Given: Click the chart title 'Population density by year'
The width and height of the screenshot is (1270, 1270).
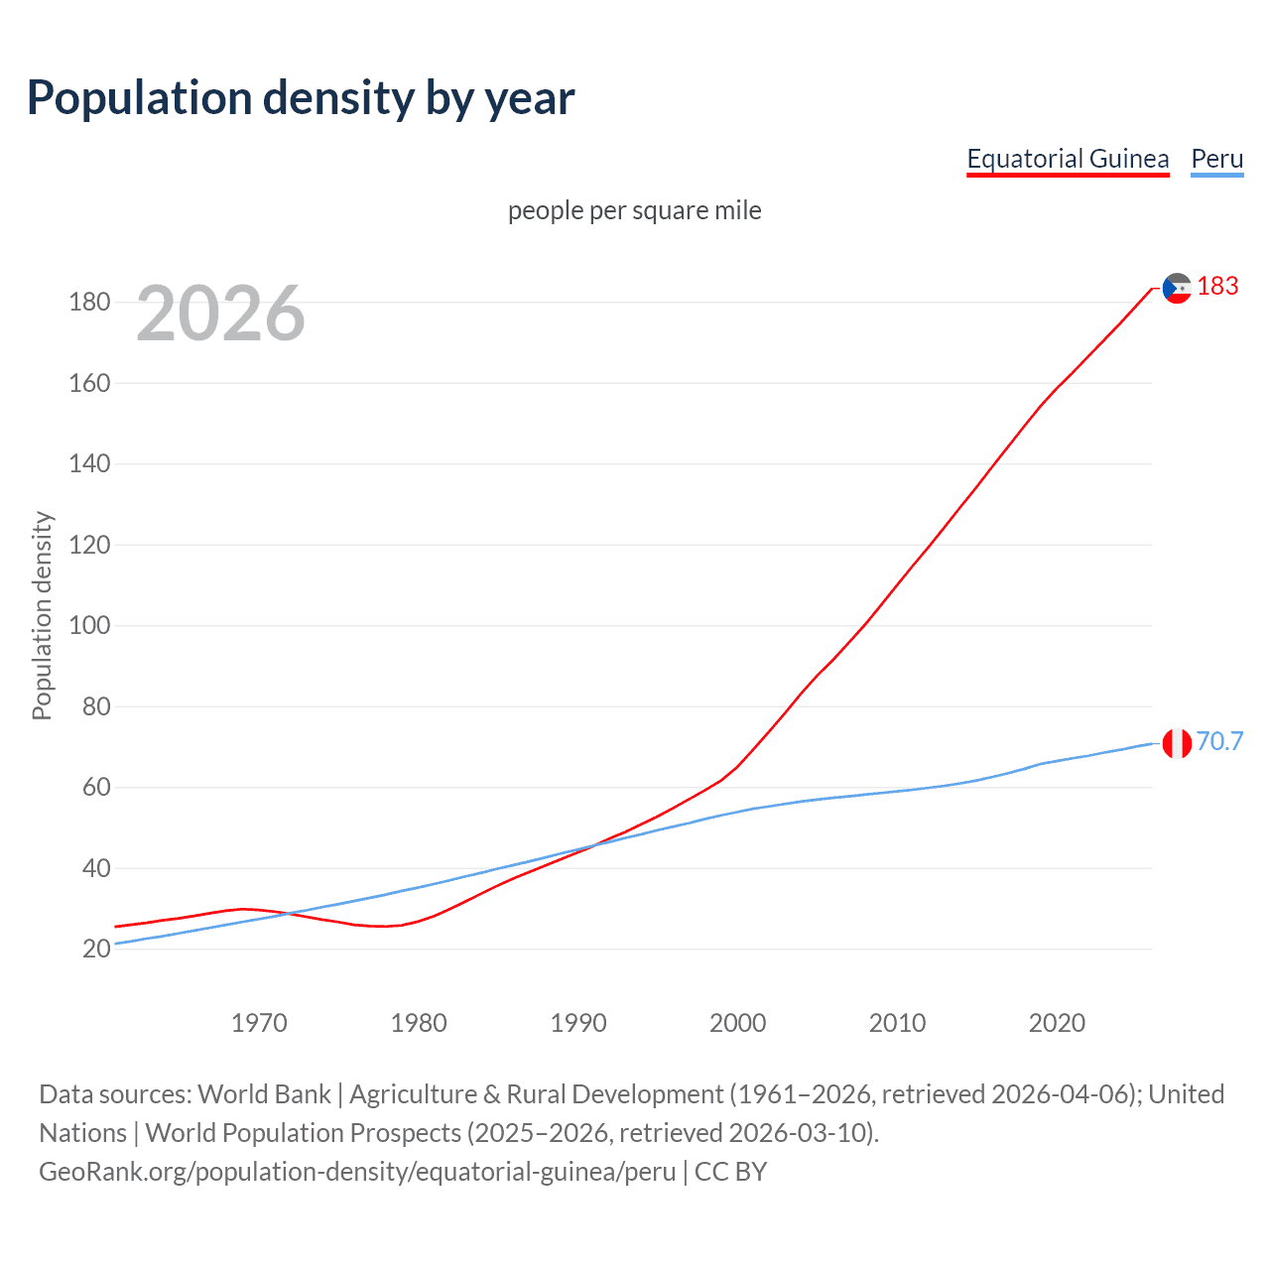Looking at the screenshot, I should [x=301, y=97].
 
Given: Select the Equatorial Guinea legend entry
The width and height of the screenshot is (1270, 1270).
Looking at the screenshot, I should [x=1068, y=159].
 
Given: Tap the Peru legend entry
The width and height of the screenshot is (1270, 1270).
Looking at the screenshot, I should [x=1216, y=159].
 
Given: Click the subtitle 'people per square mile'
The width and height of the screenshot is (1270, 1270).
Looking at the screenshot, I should [x=635, y=210].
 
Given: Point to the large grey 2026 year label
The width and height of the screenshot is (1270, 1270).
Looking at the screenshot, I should [x=220, y=314].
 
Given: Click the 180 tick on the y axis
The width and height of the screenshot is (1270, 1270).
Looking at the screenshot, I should [x=89, y=302].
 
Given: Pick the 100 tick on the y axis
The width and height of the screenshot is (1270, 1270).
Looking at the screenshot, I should [x=89, y=626].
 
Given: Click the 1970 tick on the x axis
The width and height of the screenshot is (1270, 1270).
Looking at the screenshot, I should [x=259, y=1023].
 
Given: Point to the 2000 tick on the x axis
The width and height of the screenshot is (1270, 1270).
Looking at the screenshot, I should [x=737, y=1023].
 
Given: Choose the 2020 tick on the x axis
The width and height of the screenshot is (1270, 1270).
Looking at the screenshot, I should [x=1057, y=1023].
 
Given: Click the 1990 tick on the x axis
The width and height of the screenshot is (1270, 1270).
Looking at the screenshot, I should [x=578, y=1023].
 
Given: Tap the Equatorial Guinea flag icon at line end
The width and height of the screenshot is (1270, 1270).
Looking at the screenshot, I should [x=1177, y=288].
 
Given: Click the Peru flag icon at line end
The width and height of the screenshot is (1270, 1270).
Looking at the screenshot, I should [x=1177, y=742].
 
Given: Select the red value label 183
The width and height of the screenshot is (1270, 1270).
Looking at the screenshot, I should [x=1217, y=287].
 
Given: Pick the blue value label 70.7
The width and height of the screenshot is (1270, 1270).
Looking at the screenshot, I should [x=1219, y=741].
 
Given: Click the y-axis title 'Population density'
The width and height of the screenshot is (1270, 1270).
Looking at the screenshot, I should [x=42, y=615].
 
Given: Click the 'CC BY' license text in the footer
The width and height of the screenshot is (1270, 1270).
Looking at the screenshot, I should [x=730, y=1171].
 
